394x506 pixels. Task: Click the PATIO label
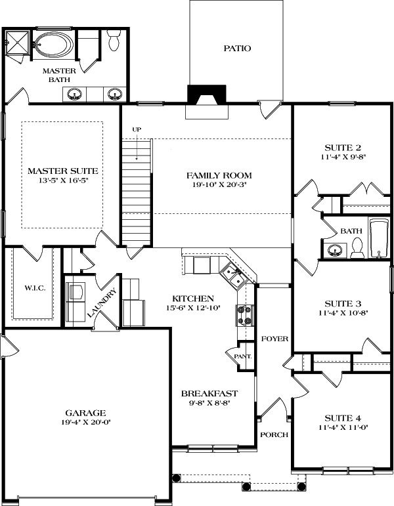pos(237,49)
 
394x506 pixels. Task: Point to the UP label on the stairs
pos(137,129)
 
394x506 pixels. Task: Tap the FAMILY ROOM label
pos(219,175)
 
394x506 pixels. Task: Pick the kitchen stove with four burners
pos(244,316)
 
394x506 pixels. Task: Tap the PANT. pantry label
pos(246,356)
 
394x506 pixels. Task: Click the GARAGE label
pos(85,413)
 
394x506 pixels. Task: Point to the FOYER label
pos(274,339)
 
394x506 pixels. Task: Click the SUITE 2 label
pos(343,147)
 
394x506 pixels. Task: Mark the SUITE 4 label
pos(343,417)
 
